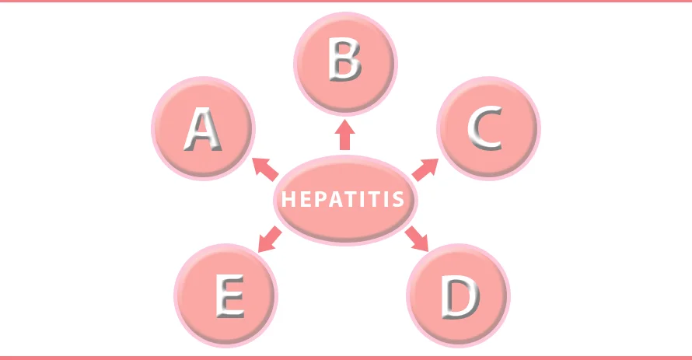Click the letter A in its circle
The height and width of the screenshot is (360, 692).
[203, 130]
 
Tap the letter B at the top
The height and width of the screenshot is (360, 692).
[344, 61]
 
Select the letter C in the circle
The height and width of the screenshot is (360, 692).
[485, 128]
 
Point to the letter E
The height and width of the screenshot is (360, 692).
[230, 295]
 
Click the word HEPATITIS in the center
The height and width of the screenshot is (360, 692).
[343, 199]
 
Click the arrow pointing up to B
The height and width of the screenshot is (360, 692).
[344, 135]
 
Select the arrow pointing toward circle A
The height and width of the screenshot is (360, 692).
[265, 169]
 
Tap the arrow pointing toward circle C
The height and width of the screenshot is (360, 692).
[425, 170]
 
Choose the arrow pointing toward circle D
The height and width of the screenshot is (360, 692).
[417, 238]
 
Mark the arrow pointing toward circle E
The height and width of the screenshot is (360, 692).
[270, 239]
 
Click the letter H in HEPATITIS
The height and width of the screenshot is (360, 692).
[288, 199]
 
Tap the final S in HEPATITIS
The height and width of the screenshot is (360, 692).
[398, 199]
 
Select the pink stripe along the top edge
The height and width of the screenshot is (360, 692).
[346, 2]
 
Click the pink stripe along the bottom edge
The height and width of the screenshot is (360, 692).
[346, 358]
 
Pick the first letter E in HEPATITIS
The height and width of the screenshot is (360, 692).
[305, 199]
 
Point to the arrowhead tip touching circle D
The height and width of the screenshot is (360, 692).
[428, 251]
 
